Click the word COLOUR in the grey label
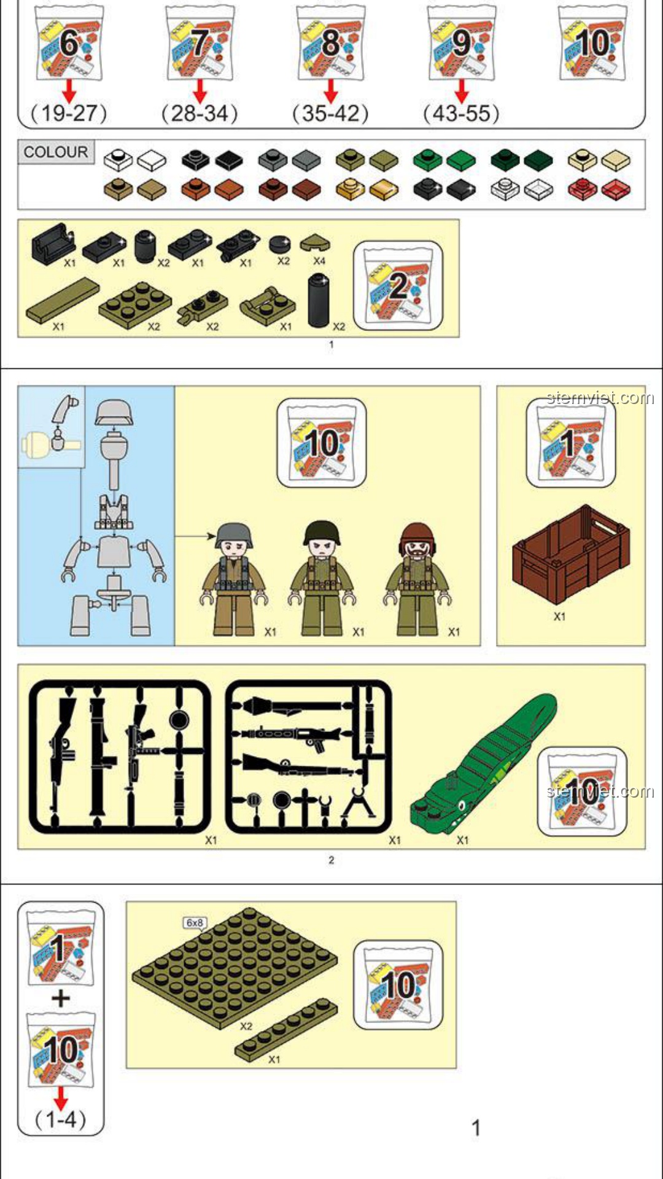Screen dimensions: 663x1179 pyautogui.click(x=56, y=152)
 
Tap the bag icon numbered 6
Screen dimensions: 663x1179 pyautogui.click(x=69, y=43)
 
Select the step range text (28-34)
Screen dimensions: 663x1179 pyautogui.click(x=200, y=113)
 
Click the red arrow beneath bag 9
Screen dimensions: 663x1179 pyautogui.click(x=462, y=92)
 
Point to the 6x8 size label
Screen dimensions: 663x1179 pyautogui.click(x=195, y=923)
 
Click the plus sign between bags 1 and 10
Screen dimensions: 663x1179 pyautogui.click(x=61, y=998)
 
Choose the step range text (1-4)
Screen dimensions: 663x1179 pyautogui.click(x=61, y=1119)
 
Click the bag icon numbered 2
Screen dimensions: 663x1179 pyautogui.click(x=398, y=286)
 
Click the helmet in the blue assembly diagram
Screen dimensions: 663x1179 pyautogui.click(x=114, y=412)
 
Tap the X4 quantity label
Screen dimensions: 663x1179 pyautogui.click(x=319, y=261)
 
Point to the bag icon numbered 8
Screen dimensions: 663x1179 pyautogui.click(x=330, y=43)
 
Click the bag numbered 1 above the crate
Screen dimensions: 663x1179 pyautogui.click(x=571, y=443)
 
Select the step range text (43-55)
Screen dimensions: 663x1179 pyautogui.click(x=462, y=113)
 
